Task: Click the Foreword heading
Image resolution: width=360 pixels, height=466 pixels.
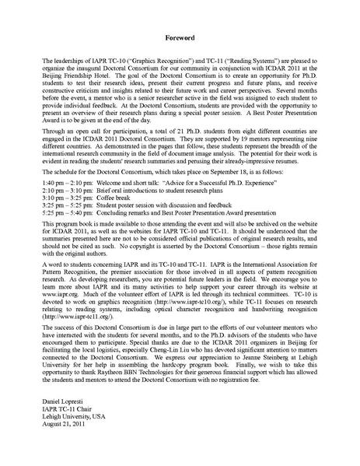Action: pos(180,37)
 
